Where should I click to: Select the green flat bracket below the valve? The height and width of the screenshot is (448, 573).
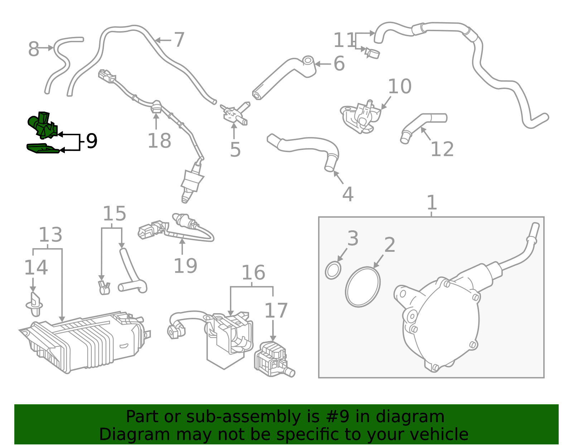[x=42, y=148]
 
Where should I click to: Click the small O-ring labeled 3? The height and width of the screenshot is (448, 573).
[x=333, y=270]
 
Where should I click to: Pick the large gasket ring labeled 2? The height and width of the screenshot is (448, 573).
[x=363, y=287]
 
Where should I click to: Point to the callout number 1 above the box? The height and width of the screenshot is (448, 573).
[x=432, y=203]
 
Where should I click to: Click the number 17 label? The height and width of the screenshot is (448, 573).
[x=276, y=311]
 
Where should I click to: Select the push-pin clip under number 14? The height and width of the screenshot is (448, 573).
[x=34, y=305]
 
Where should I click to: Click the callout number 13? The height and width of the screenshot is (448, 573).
[x=50, y=235]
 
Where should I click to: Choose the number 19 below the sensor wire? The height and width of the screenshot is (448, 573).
[x=185, y=266]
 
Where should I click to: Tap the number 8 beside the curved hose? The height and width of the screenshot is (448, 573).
[x=33, y=49]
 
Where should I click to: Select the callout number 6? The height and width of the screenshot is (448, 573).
[x=339, y=64]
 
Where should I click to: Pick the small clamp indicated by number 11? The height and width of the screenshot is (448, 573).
[x=372, y=53]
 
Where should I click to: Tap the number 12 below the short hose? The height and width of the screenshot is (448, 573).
[x=442, y=149]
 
